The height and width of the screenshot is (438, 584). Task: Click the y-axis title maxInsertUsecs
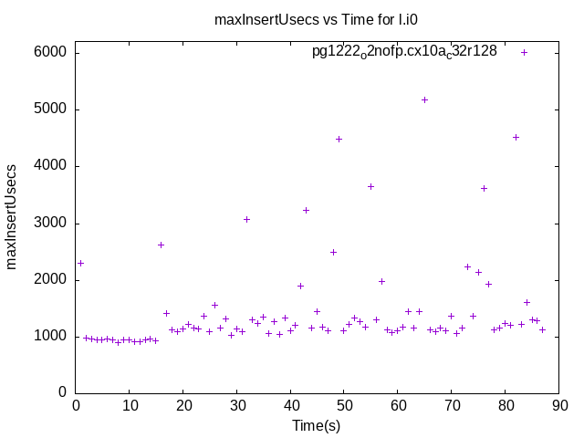click(x=13, y=217)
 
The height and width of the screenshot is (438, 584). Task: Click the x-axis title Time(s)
click(x=317, y=425)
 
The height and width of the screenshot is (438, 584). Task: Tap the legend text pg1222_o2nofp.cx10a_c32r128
click(x=404, y=51)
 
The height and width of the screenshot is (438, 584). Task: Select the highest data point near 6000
click(x=525, y=52)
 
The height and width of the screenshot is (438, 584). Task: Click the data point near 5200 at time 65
click(x=424, y=99)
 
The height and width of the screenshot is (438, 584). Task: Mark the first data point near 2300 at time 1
click(x=80, y=263)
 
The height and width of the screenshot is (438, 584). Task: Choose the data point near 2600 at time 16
click(x=161, y=245)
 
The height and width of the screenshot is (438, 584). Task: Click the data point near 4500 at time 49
click(x=339, y=140)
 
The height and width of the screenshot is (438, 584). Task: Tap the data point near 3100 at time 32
click(x=246, y=219)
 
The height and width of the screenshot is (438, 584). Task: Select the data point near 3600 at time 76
click(x=484, y=188)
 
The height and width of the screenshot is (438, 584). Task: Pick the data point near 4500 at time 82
click(x=516, y=137)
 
